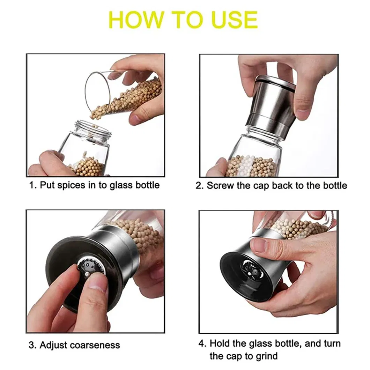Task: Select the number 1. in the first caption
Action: coord(33,185)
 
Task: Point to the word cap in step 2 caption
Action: coord(261,186)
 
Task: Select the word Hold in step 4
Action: coord(220,343)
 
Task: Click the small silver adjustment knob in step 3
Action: coord(87,274)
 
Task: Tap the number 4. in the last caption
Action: coord(202,343)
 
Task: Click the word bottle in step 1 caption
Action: coord(148,185)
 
